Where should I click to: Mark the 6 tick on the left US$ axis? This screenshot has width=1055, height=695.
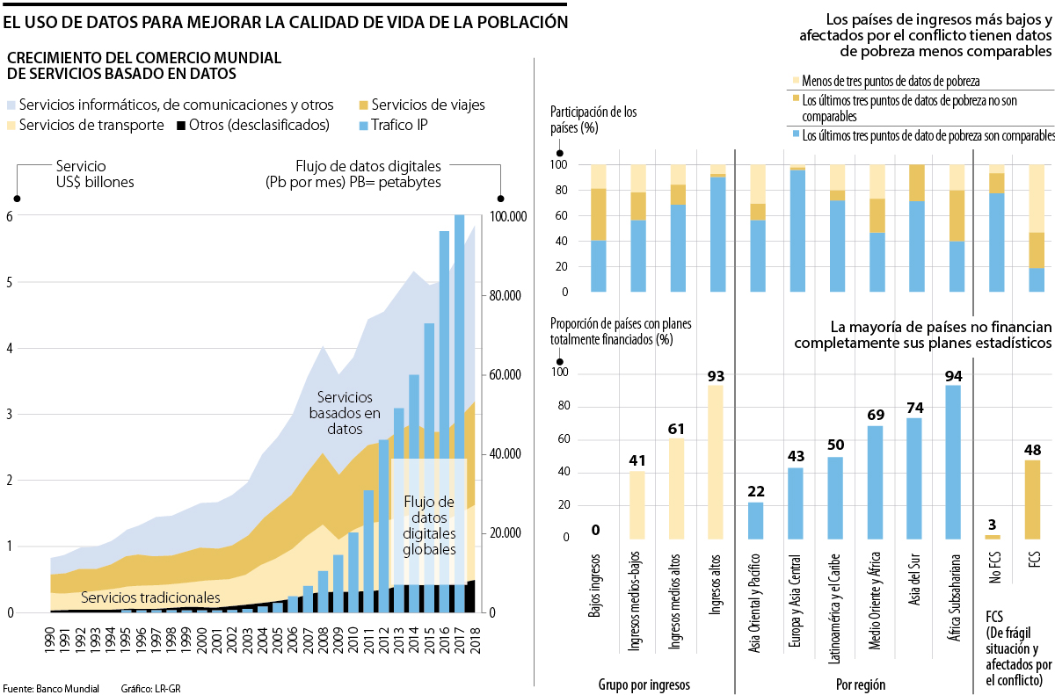pos(11,217)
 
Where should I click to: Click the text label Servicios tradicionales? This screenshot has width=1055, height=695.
pos(149,597)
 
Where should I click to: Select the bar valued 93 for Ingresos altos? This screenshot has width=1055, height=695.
pos(716,462)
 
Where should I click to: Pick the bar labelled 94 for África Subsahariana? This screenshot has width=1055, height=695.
pos(953,462)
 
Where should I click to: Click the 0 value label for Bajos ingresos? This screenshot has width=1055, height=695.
pos(595,530)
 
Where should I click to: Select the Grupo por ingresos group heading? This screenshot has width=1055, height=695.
pos(644,684)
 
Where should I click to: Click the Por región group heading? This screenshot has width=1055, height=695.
pos(860,684)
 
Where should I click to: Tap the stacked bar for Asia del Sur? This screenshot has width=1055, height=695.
pos(916,228)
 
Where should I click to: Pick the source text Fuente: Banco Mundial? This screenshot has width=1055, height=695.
pos(50,688)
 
